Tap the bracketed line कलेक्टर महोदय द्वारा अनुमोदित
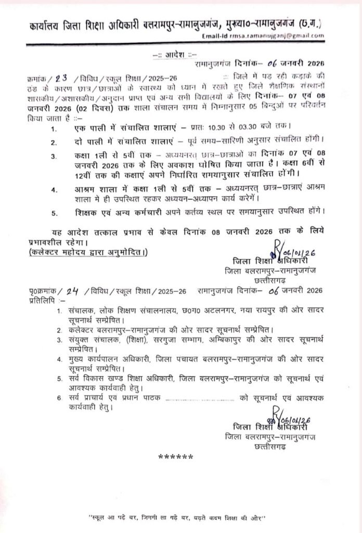88,252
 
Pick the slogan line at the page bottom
177,517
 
